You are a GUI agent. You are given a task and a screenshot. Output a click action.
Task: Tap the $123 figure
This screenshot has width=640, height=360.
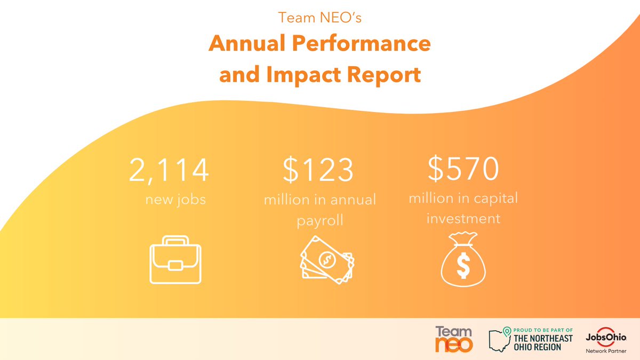(x=318, y=170)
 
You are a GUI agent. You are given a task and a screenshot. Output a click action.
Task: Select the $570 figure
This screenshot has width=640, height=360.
(x=463, y=169)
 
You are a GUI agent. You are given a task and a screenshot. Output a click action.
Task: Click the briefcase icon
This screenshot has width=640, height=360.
(x=175, y=262)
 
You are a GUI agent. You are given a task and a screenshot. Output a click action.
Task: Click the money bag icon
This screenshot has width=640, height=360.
(x=463, y=258)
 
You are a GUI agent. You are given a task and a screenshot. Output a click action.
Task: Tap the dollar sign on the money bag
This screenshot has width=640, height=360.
(x=463, y=265)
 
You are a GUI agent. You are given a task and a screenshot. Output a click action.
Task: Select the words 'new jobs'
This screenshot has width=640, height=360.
(x=175, y=200)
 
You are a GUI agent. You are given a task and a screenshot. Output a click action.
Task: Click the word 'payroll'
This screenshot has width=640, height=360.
(x=319, y=220)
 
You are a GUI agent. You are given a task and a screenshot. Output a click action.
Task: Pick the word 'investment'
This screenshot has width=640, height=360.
(x=463, y=218)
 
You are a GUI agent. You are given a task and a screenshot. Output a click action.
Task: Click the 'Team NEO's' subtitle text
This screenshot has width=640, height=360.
(x=319, y=18)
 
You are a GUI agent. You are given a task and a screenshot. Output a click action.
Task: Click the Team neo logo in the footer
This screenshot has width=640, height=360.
(x=454, y=339)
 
